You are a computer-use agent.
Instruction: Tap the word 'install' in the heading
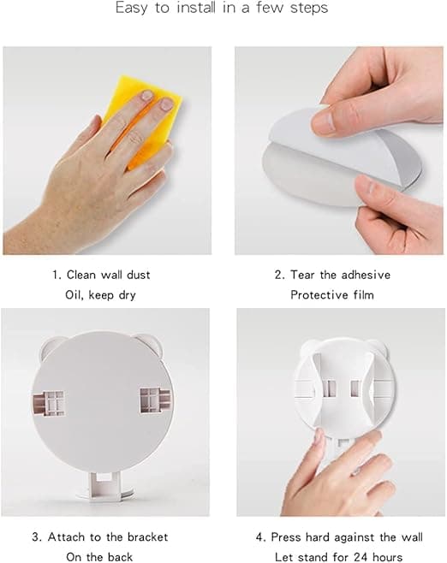point(197,8)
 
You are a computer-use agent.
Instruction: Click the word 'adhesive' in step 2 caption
point(366,275)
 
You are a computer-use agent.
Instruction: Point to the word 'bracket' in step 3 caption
point(147,536)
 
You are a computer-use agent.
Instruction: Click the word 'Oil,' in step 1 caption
point(74,295)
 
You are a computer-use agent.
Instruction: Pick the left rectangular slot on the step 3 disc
point(49,404)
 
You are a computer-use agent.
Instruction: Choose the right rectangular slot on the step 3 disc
point(155,400)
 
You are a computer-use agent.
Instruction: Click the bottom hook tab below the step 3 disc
point(104,485)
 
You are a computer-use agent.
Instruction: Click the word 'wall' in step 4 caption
point(411,536)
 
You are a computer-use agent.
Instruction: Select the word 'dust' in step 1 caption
point(139,275)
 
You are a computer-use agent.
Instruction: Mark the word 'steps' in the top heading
point(309,8)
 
